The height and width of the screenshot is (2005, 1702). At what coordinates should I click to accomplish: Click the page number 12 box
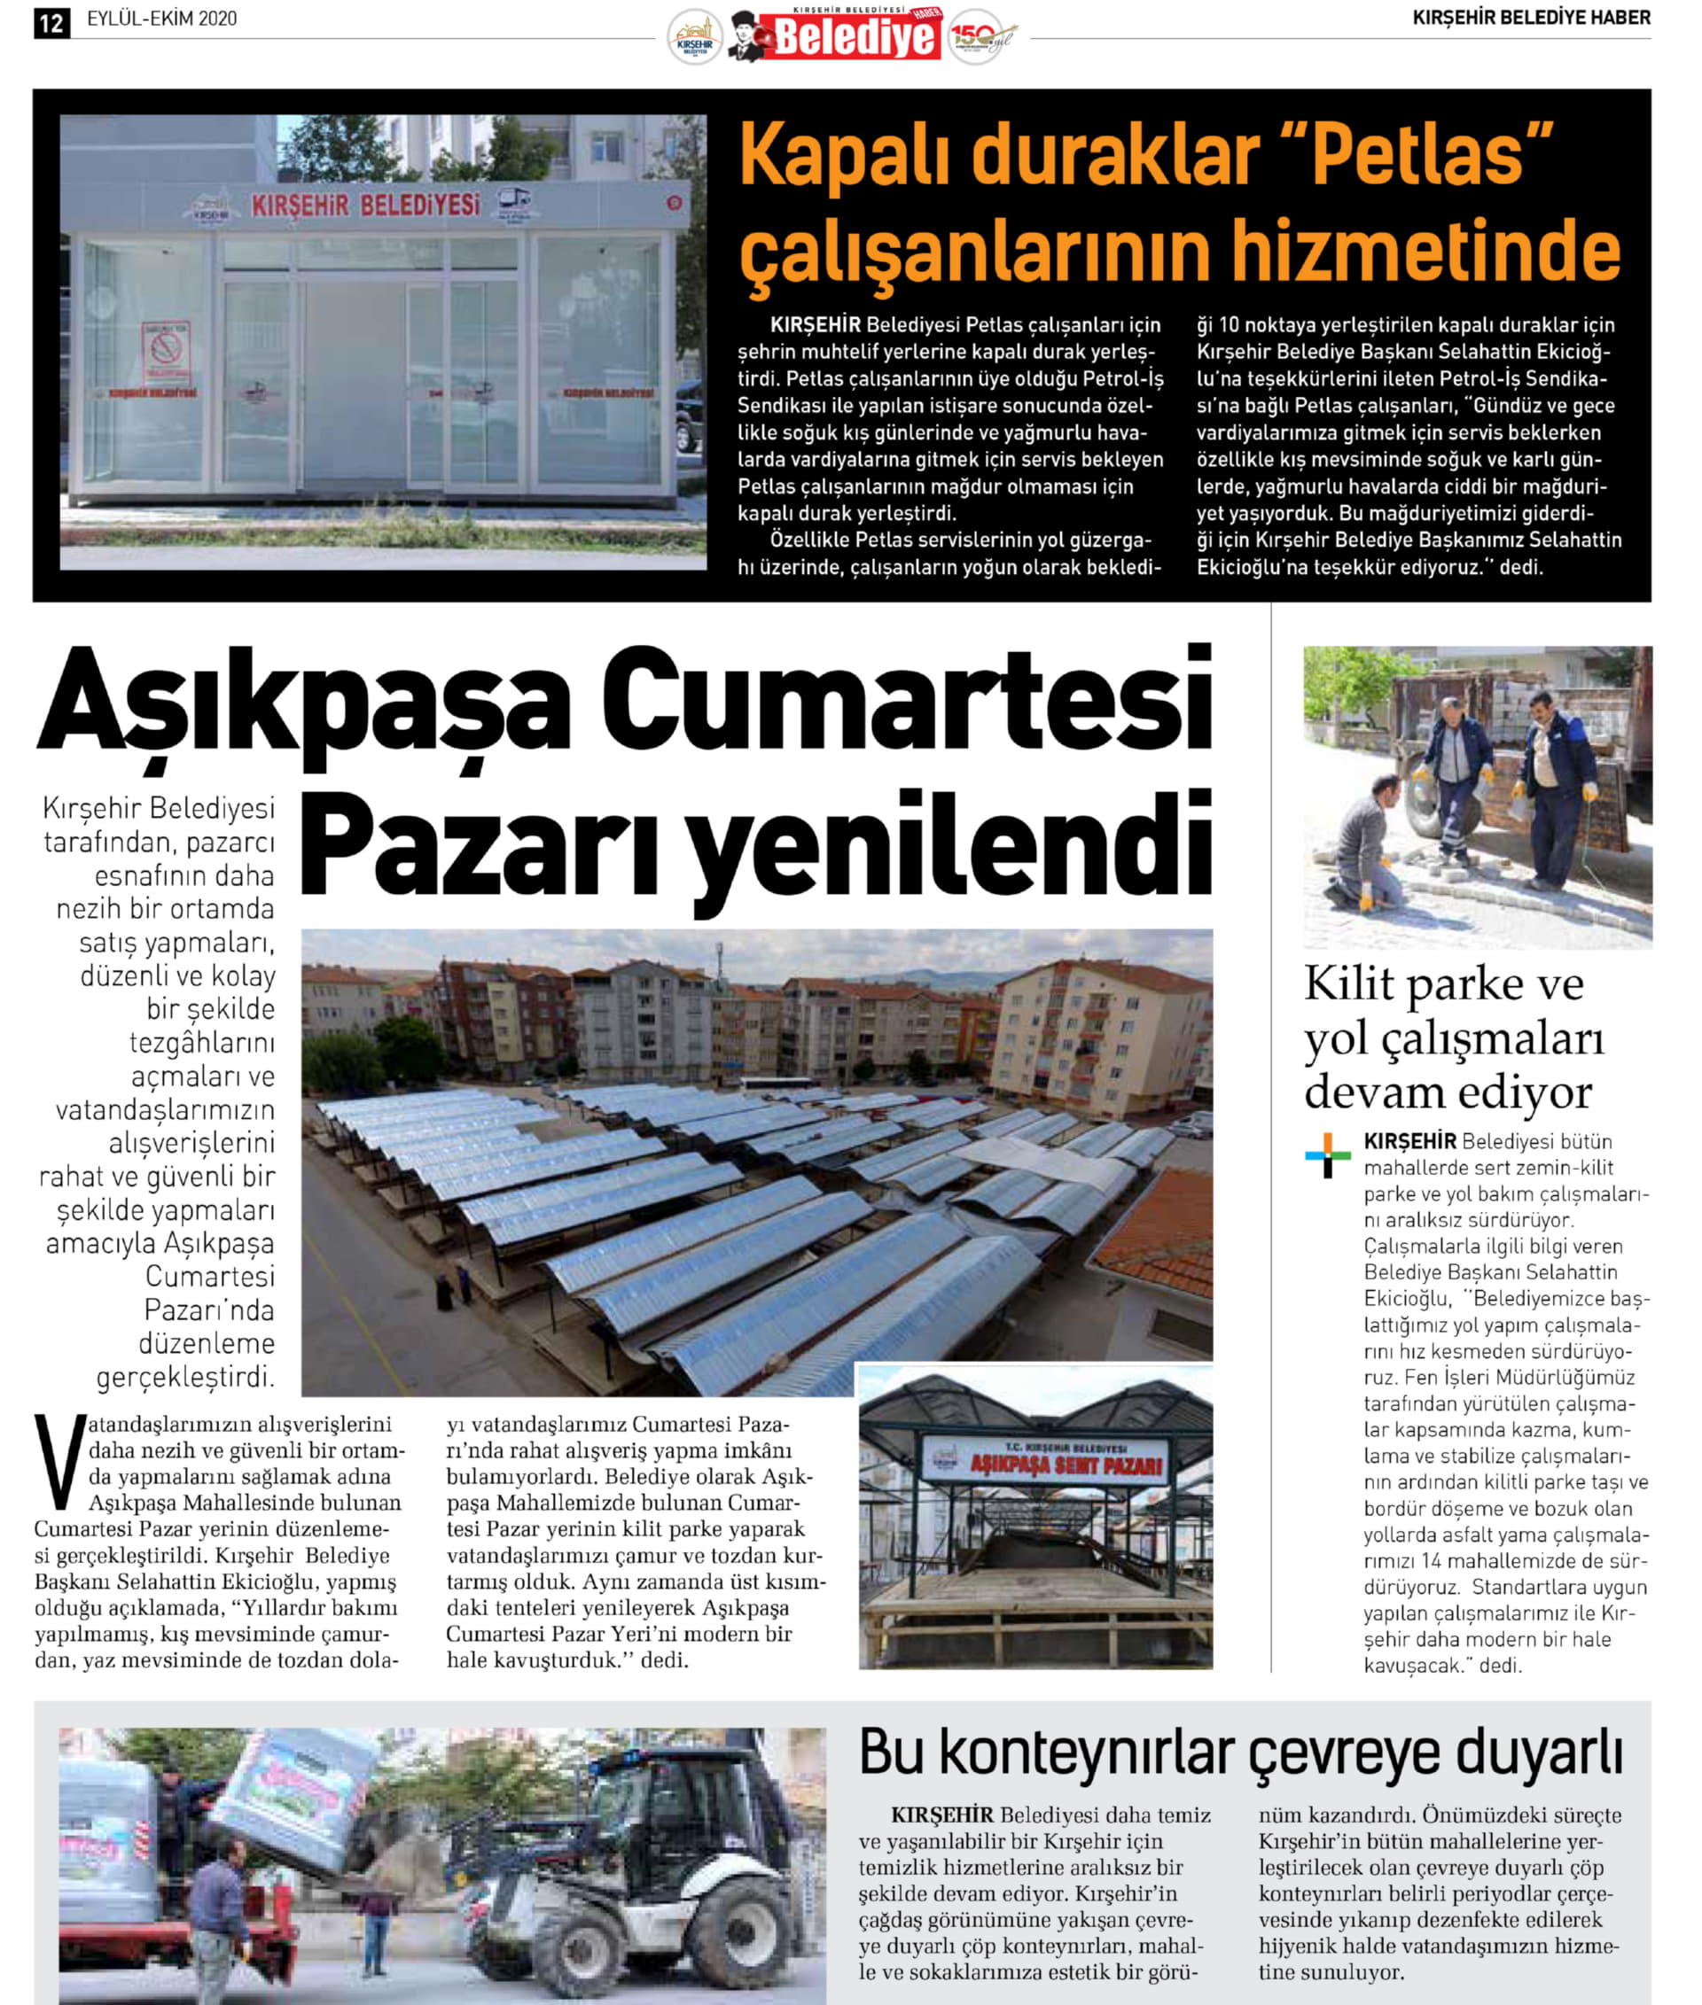(51, 22)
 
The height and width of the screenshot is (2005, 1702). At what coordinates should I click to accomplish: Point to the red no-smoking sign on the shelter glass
(166, 353)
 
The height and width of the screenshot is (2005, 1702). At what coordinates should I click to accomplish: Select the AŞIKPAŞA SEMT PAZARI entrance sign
(1044, 1462)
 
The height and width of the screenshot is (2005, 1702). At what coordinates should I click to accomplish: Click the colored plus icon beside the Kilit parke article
(1328, 1155)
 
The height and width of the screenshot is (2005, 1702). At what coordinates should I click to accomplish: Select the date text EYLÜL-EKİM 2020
(161, 19)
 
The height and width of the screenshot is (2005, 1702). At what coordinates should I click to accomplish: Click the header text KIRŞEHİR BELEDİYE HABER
(1530, 19)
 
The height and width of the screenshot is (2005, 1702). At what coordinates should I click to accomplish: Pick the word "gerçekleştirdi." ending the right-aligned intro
(185, 1377)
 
